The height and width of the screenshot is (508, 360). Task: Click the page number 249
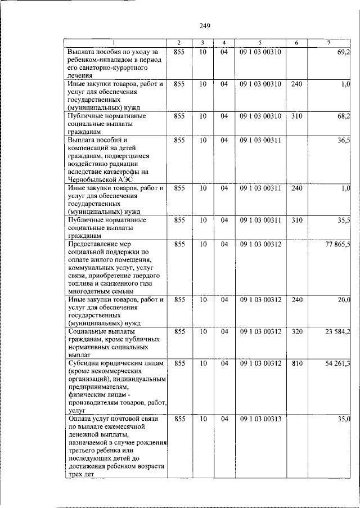click(x=205, y=25)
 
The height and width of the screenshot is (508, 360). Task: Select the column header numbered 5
click(x=259, y=43)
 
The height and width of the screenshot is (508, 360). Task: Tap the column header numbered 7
click(x=328, y=43)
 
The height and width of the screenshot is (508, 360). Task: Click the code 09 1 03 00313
click(x=259, y=419)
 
